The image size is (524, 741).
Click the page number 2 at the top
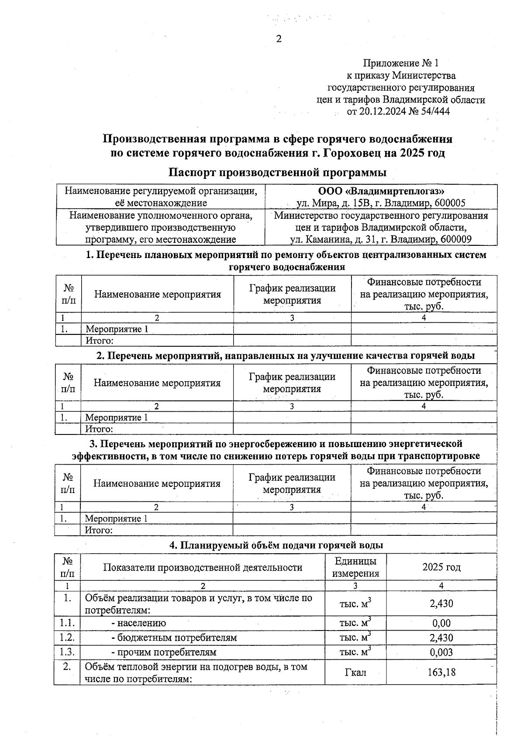pyautogui.click(x=279, y=39)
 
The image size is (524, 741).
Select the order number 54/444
pyautogui.click(x=435, y=111)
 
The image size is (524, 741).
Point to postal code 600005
pyautogui.click(x=450, y=203)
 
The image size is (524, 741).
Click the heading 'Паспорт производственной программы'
pyautogui.click(x=278, y=172)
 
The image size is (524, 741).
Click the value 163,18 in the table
pyautogui.click(x=441, y=672)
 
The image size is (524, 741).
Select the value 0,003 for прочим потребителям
pyautogui.click(x=441, y=652)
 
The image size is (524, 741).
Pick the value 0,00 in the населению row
pyautogui.click(x=441, y=623)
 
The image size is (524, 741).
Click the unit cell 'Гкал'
pyautogui.click(x=355, y=672)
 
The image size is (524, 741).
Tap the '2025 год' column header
pyautogui.click(x=441, y=567)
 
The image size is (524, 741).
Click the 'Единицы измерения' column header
pyautogui.click(x=355, y=567)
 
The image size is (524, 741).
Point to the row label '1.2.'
pyautogui.click(x=67, y=637)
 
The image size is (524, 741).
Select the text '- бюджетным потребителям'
pyautogui.click(x=174, y=638)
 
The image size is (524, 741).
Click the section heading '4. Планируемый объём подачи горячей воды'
pyautogui.click(x=276, y=545)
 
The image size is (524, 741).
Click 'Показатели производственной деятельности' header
pyautogui.click(x=203, y=567)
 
